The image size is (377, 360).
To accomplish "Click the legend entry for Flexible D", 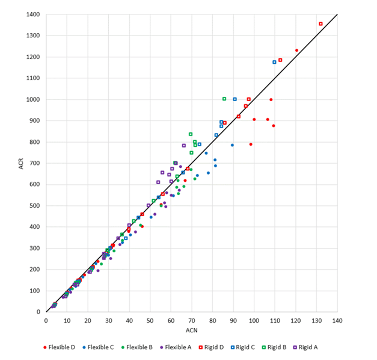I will [x=61, y=347].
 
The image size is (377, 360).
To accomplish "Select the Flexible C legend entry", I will [x=102, y=347].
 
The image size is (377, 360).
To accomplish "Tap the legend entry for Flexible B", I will [x=143, y=347].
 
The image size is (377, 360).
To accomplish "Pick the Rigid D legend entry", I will [x=222, y=347].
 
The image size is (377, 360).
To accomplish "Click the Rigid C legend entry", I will [x=260, y=347].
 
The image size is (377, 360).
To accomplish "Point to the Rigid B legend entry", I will [x=296, y=347].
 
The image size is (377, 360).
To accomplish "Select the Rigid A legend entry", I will [x=333, y=347].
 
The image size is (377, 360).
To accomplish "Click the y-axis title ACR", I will [x=14, y=163].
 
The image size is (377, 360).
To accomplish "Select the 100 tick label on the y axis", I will [x=35, y=291].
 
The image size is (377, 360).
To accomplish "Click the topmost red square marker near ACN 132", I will [x=320, y=24].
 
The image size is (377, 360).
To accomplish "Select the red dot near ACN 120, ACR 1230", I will [x=296, y=51].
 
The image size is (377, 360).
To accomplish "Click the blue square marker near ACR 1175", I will [x=274, y=62].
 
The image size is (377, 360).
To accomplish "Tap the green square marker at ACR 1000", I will [x=224, y=99].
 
